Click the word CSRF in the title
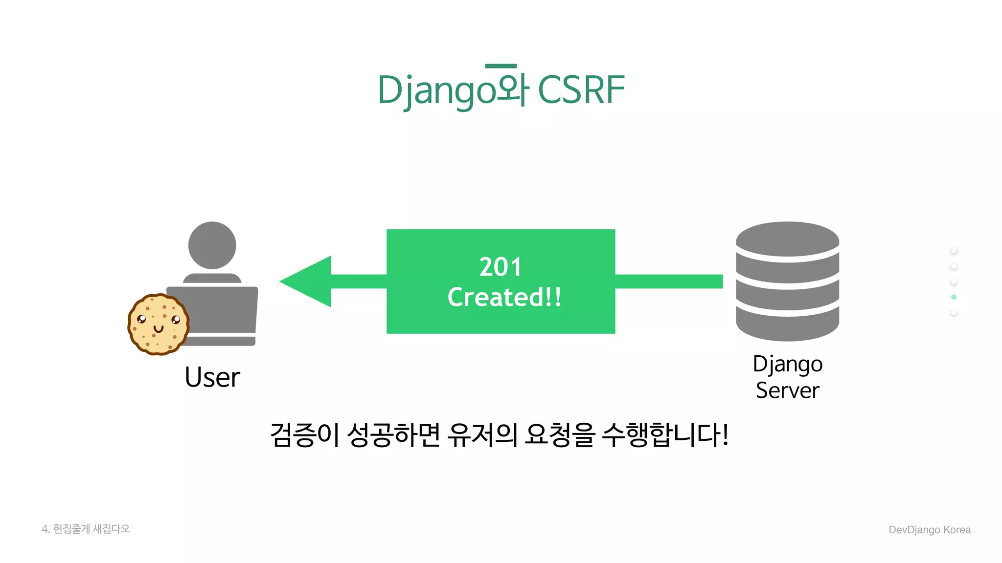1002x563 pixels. pyautogui.click(x=581, y=90)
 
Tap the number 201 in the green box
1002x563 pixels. pyautogui.click(x=500, y=267)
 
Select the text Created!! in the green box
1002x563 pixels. pyautogui.click(x=504, y=297)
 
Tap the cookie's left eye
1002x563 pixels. pyautogui.click(x=141, y=319)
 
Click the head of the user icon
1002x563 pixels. pyautogui.click(x=212, y=245)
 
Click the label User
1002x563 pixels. pyautogui.click(x=212, y=377)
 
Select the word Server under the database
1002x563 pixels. pyautogui.click(x=787, y=390)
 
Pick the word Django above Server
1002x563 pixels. pyautogui.click(x=787, y=364)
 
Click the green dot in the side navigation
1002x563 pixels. pyautogui.click(x=954, y=297)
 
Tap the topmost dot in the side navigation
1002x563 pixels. pyautogui.click(x=954, y=251)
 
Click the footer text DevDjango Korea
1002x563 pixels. pyautogui.click(x=929, y=530)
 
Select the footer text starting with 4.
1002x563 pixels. pyautogui.click(x=86, y=529)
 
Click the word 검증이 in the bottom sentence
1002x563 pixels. pyautogui.click(x=304, y=434)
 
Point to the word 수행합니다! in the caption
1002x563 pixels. pyautogui.click(x=665, y=434)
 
